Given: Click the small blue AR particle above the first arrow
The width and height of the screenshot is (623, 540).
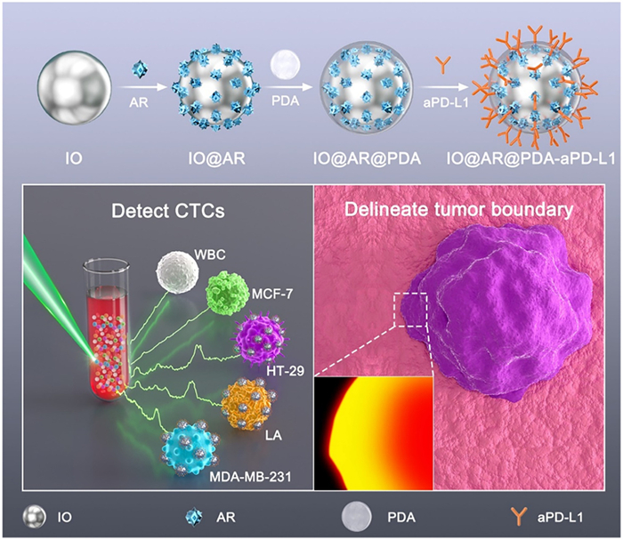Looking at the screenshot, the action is click(138, 68).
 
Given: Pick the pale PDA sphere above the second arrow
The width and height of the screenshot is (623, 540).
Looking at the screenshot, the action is click(284, 66).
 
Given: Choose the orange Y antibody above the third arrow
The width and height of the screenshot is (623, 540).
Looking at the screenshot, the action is click(431, 66).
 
